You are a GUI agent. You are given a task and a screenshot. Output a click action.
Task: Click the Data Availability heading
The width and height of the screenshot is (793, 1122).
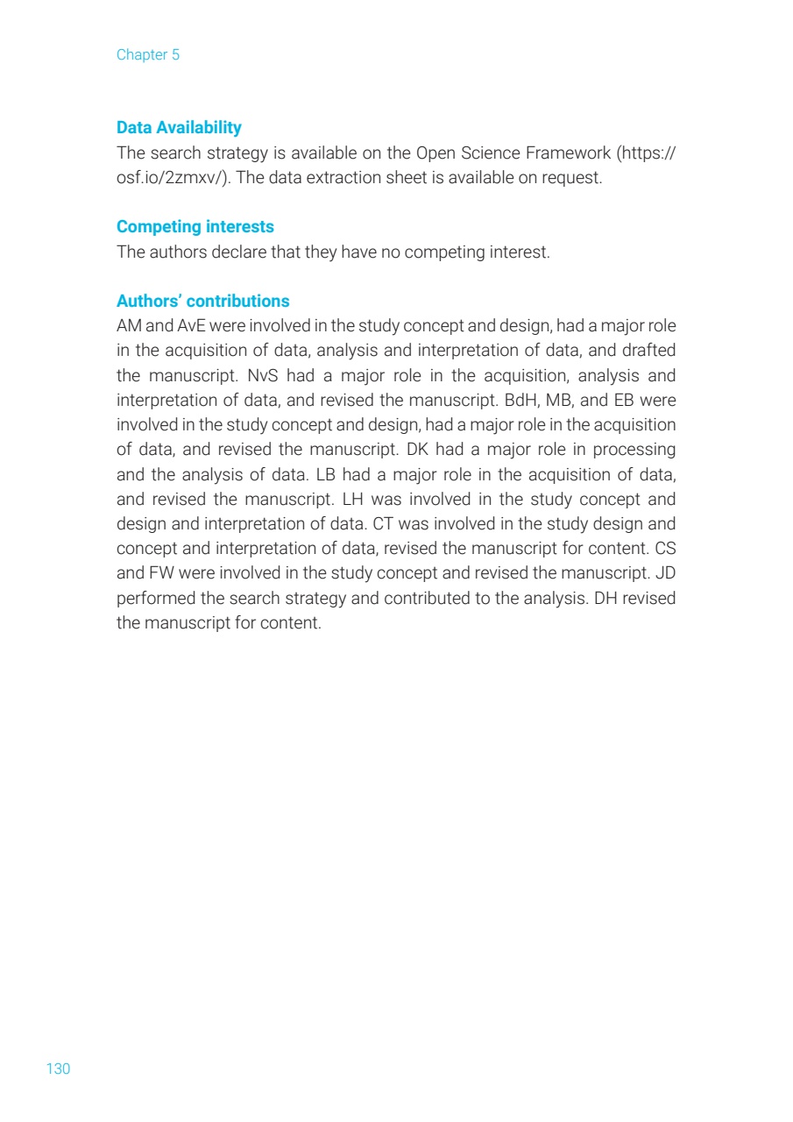point(179,128)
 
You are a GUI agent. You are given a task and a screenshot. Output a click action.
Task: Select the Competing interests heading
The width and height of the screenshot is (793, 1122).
point(195,227)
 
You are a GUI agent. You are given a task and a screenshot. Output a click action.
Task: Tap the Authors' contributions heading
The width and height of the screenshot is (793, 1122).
point(202,302)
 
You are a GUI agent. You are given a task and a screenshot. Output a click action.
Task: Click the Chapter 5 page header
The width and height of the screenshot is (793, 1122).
point(148,54)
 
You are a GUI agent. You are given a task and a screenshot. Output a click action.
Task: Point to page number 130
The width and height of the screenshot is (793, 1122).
point(58,1069)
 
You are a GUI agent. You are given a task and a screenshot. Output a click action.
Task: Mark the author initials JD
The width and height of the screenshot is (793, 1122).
point(666,598)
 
